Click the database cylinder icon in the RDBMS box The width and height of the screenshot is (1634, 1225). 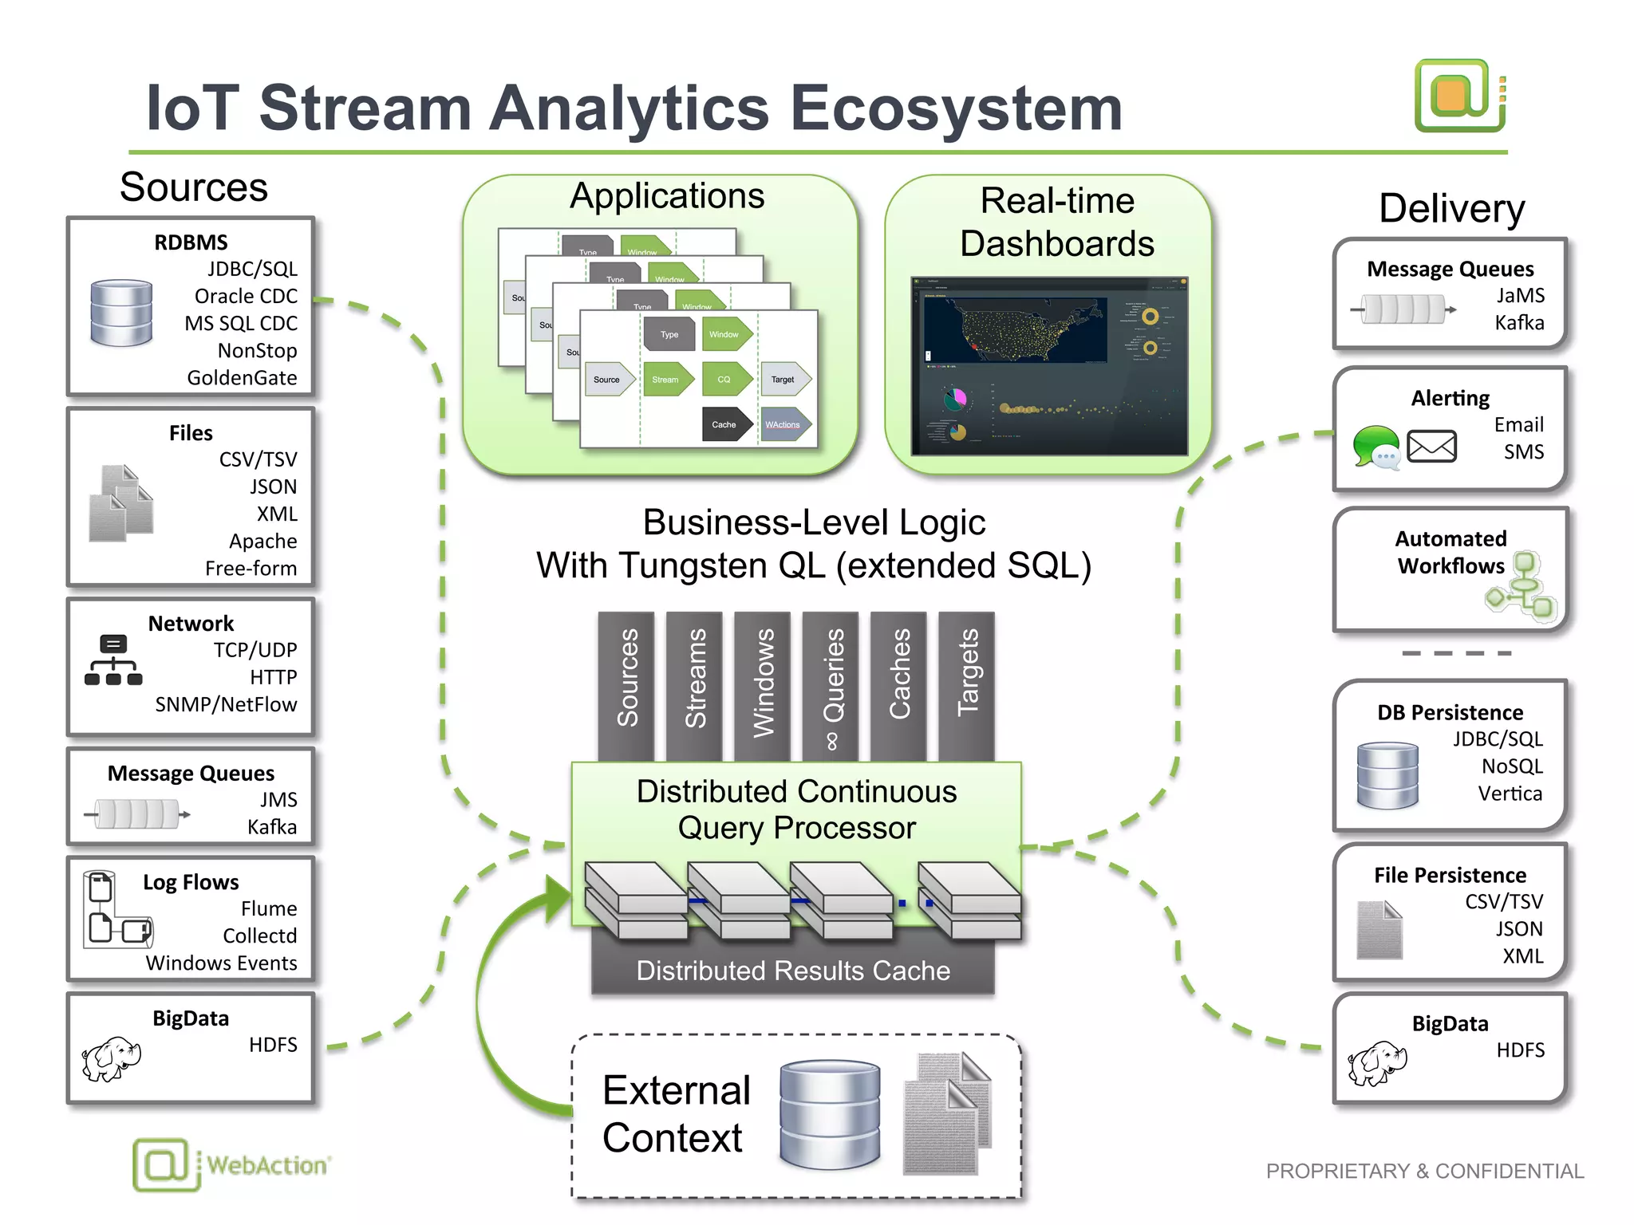tap(121, 313)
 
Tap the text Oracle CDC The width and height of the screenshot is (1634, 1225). tap(246, 296)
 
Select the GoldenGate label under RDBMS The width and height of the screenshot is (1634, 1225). tap(242, 377)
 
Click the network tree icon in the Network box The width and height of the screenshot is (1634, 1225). tap(113, 660)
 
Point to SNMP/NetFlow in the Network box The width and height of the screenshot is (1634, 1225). tap(226, 704)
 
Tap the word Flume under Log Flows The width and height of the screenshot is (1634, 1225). tap(269, 908)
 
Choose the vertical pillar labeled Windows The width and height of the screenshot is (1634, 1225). tap(763, 684)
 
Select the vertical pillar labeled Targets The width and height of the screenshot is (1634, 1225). tap(966, 684)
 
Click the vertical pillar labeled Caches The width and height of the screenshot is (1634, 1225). tap(898, 684)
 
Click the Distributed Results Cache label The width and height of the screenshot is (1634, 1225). tap(792, 971)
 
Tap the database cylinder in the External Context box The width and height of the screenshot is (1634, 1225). tap(830, 1114)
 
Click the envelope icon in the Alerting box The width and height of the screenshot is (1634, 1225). tap(1431, 447)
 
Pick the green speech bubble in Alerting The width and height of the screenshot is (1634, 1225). tap(1375, 445)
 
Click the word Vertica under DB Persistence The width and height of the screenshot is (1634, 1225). tap(1510, 794)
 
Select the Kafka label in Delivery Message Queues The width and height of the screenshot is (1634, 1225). tap(1519, 323)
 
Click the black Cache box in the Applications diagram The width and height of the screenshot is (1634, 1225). tap(724, 424)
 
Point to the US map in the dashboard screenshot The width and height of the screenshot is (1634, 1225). tap(1015, 329)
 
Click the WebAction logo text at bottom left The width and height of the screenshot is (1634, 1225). tap(266, 1165)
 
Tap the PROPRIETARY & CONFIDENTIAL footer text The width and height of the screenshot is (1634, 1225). tap(1424, 1171)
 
